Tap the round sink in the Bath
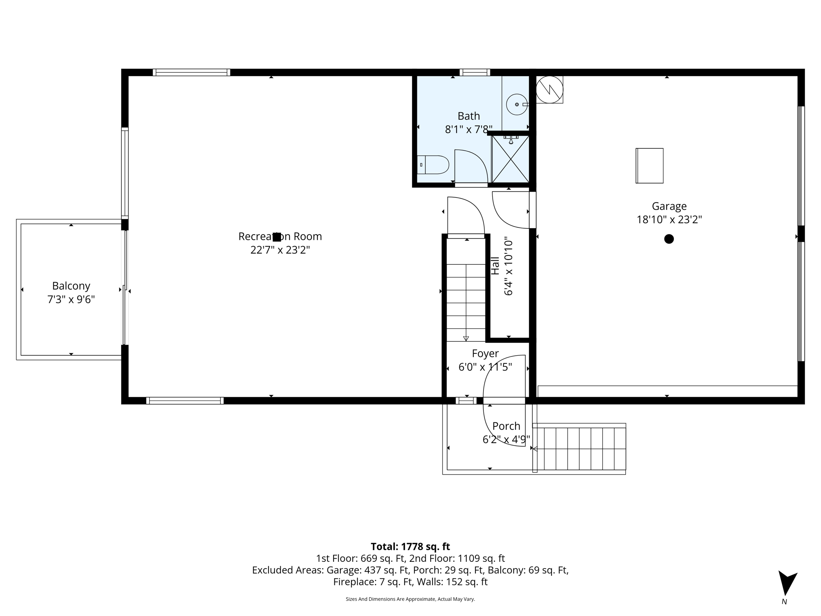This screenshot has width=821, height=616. [516, 104]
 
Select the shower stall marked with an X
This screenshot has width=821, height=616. [510, 159]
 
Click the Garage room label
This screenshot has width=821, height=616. [669, 206]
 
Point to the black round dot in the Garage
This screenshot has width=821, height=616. [669, 239]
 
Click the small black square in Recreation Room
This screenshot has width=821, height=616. [277, 237]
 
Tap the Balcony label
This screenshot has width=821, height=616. [71, 286]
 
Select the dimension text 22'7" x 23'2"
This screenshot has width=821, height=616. [280, 250]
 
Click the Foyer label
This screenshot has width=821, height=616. [485, 353]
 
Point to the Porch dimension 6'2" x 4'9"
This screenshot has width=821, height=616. [506, 440]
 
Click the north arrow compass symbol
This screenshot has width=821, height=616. [787, 583]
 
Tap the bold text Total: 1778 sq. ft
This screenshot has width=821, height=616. [410, 547]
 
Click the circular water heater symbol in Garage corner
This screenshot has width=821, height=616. [549, 89]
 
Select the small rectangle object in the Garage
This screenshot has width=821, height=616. [649, 166]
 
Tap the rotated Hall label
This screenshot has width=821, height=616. [495, 265]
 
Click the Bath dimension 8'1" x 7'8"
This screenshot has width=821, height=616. [468, 130]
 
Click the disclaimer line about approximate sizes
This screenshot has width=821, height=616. [410, 599]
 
